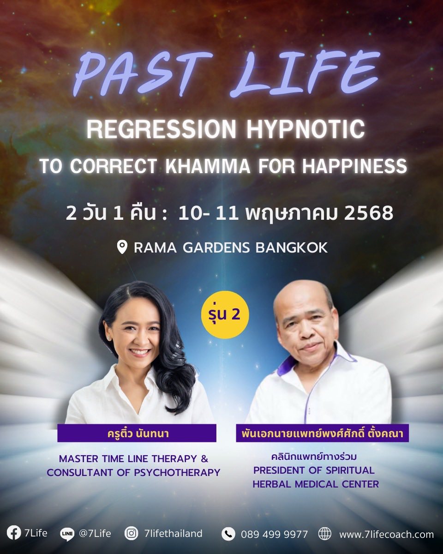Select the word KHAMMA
click(x=208, y=166)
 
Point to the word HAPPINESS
click(x=355, y=166)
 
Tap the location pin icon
click(x=122, y=247)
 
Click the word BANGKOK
click(x=292, y=247)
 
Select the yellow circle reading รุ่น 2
click(x=225, y=314)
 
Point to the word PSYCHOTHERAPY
click(x=177, y=472)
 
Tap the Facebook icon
click(x=14, y=532)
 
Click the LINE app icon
click(x=67, y=534)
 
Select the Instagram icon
click(x=131, y=532)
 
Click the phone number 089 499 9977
click(x=275, y=533)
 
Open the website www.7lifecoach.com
click(x=386, y=533)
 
